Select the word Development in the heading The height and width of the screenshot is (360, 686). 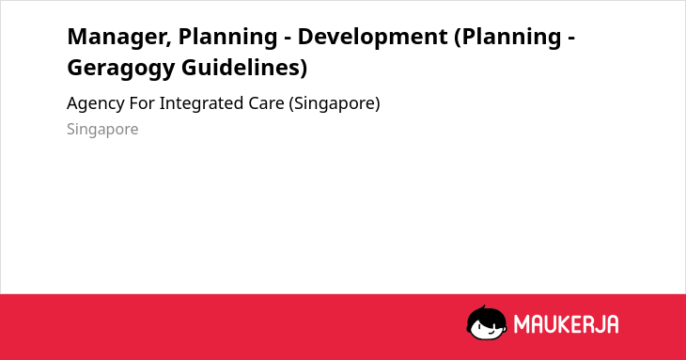[373, 37]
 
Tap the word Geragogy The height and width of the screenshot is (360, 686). [121, 69]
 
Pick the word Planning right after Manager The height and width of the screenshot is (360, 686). [227, 38]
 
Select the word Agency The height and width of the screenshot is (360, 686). [96, 104]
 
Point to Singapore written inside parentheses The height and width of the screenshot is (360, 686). [335, 104]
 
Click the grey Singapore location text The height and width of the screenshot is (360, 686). [102, 130]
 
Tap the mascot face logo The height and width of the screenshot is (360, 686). [487, 323]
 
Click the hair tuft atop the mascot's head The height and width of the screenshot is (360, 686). [483, 308]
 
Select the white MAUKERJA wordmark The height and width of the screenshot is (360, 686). [566, 324]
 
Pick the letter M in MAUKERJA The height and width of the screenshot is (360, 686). [522, 324]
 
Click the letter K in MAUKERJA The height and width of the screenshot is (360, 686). [556, 324]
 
